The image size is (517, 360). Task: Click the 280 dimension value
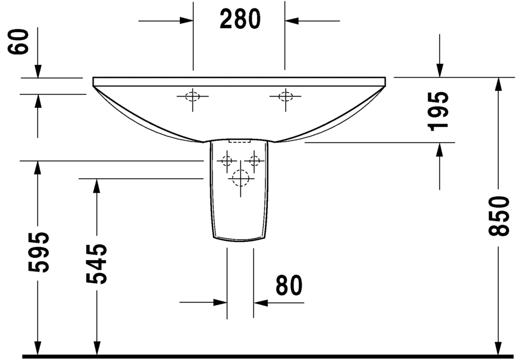click(240, 19)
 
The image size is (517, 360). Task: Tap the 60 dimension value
click(19, 41)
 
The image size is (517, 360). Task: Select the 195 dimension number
click(438, 112)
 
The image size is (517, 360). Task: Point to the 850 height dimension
click(498, 216)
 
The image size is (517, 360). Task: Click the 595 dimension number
click(38, 252)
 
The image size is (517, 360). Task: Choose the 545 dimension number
click(96, 264)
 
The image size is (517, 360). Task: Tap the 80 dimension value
click(289, 285)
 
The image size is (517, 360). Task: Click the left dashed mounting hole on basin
click(193, 96)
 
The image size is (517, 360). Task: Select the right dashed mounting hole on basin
click(285, 96)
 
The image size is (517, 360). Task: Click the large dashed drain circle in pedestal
click(241, 178)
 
